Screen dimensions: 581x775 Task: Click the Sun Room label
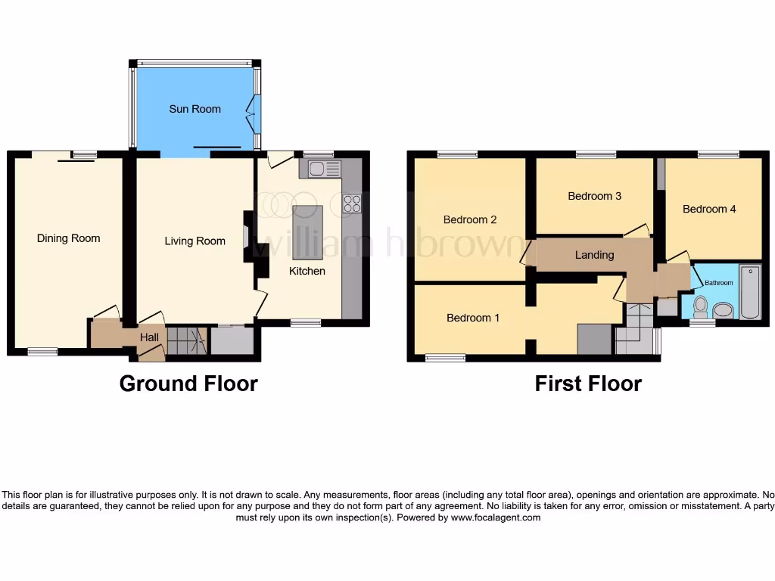pos(195,109)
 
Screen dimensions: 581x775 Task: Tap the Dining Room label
pos(68,238)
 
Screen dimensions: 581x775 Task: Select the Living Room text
pos(195,241)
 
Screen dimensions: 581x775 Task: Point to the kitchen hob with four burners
pos(352,203)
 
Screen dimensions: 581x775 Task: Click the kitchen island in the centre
pos(307,222)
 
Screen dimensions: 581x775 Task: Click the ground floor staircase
pos(186,341)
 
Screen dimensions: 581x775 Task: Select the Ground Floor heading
pos(188,384)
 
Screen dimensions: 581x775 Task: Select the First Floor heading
pos(588,384)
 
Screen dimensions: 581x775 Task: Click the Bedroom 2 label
pos(469,220)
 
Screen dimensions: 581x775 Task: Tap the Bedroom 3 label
pos(594,196)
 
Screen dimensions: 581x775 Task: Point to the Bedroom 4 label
pos(708,209)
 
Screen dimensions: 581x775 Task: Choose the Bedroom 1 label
pos(472,318)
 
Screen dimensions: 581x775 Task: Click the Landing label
pos(594,255)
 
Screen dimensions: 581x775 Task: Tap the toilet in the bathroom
pos(701,306)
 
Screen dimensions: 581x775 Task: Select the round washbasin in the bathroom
pos(723,310)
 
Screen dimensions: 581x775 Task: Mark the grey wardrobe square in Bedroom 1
pos(594,339)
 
